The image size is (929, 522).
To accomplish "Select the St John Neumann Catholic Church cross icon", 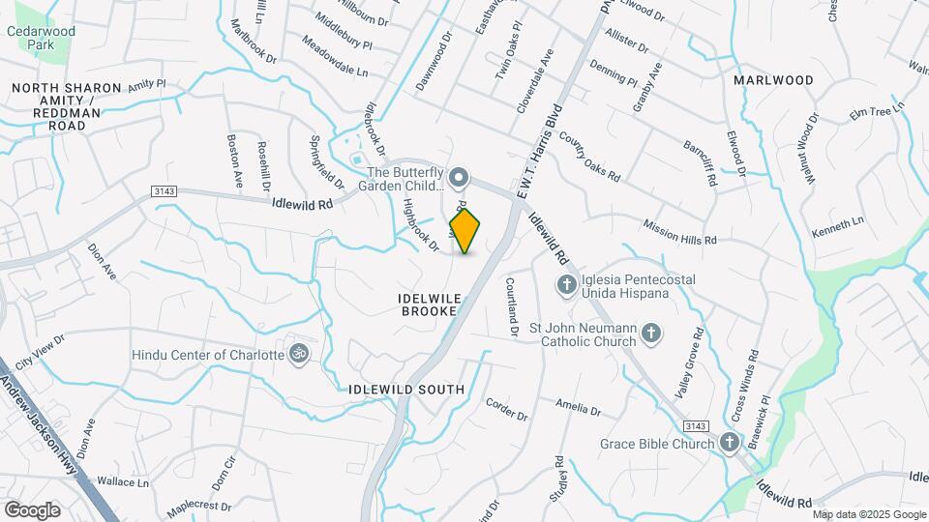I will (652, 334).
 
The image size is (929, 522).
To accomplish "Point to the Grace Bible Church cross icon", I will (730, 444).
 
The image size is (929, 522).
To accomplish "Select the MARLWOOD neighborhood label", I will (773, 79).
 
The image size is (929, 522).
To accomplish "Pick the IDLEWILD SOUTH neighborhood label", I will (406, 390).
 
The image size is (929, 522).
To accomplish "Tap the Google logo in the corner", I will (32, 509).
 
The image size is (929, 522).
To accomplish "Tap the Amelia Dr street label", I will (579, 407).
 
